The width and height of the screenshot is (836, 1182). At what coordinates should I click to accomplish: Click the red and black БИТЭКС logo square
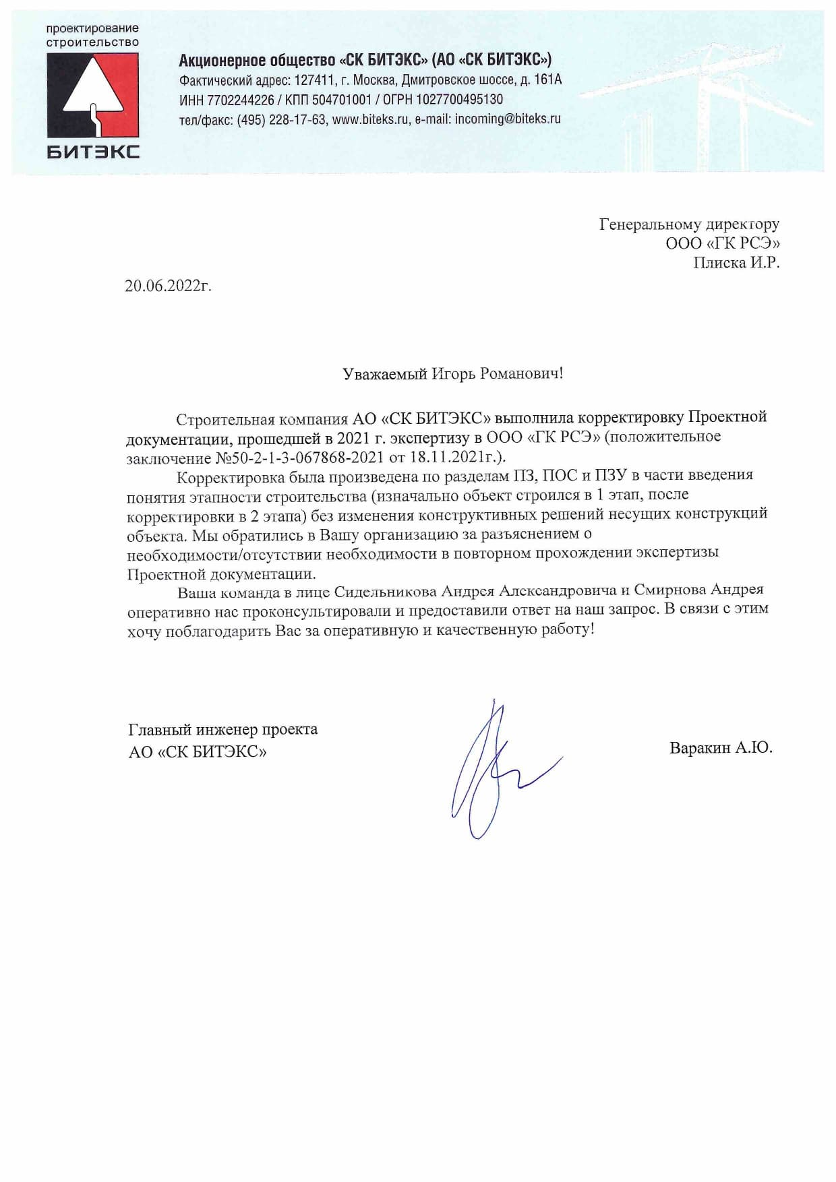tap(92, 95)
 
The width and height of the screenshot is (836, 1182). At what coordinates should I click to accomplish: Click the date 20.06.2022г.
tap(168, 286)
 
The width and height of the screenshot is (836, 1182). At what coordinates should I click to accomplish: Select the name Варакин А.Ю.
tap(721, 748)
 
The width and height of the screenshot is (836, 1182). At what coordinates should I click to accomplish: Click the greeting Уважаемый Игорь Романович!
tap(452, 374)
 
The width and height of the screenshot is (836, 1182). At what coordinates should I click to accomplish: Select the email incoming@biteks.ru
tap(508, 119)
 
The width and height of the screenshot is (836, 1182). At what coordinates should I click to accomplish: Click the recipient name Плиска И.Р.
tap(736, 263)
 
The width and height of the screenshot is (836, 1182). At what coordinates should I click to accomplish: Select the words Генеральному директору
tap(689, 224)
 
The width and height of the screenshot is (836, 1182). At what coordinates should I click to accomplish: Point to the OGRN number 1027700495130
tap(459, 100)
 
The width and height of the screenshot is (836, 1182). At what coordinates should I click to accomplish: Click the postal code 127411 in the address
tap(315, 80)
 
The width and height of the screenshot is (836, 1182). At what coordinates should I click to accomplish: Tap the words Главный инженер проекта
tap(223, 729)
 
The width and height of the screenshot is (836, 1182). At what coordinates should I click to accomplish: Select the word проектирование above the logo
tap(92, 28)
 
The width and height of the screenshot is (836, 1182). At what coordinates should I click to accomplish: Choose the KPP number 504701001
tap(340, 100)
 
